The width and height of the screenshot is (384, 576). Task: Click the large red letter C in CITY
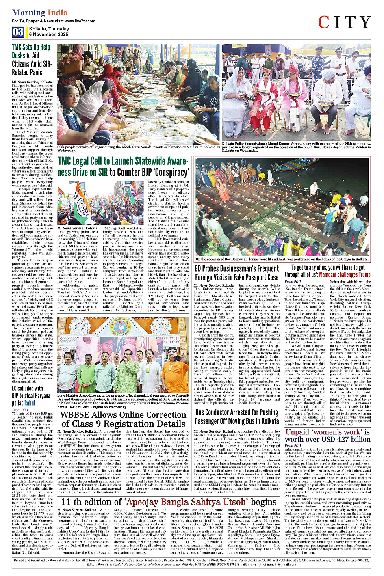[x=323, y=23]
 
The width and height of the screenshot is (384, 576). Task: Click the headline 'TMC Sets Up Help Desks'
[x=32, y=60]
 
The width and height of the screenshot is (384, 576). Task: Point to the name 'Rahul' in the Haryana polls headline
[x=30, y=403]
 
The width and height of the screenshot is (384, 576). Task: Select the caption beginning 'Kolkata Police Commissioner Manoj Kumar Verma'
[x=296, y=147]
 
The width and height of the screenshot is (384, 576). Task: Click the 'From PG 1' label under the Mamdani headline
[x=293, y=281]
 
